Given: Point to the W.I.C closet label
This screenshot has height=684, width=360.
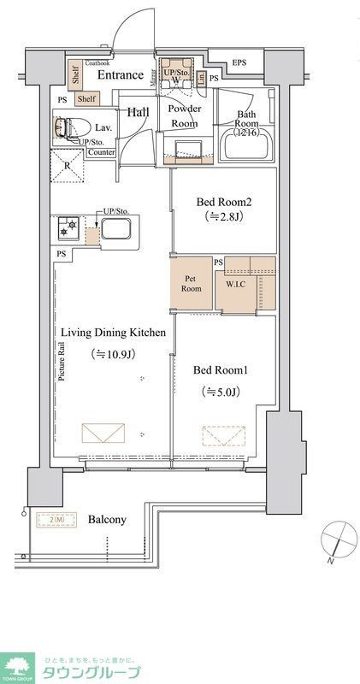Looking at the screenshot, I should point(237,285).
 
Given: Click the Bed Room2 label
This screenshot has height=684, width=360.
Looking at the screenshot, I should point(224,203).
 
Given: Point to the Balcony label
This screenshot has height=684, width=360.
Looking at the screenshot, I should point(107,519).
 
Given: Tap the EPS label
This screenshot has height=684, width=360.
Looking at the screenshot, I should point(239,62).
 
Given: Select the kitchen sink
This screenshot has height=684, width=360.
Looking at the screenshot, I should point(115,228).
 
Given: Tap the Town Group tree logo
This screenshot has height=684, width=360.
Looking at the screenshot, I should point(18,664).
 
